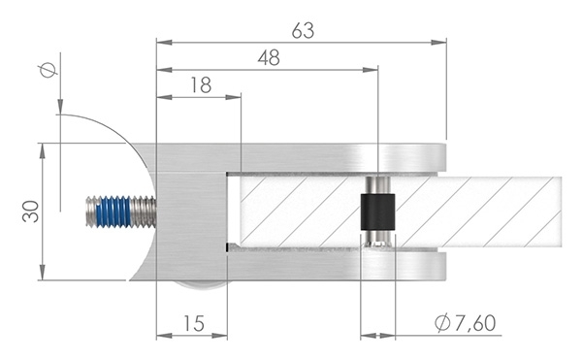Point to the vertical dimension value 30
(x=31, y=212)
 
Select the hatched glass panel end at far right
(x=543, y=211)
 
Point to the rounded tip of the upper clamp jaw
(x=439, y=157)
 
